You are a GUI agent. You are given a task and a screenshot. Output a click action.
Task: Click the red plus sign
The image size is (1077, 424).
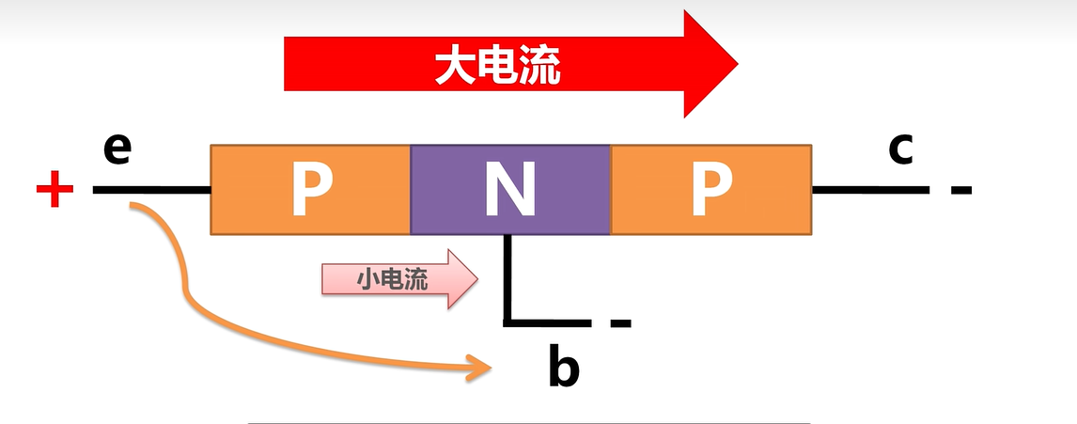[55, 192]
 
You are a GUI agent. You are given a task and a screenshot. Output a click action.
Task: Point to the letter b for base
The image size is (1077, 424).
[563, 368]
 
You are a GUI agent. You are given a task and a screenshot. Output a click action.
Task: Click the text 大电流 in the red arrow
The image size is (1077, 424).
[497, 66]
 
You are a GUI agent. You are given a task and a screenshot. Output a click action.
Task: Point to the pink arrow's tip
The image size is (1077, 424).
[475, 279]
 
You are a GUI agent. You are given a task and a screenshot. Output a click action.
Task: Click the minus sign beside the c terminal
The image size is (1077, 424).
[960, 191]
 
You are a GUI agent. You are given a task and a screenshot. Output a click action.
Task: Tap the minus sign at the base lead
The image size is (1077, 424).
[620, 324]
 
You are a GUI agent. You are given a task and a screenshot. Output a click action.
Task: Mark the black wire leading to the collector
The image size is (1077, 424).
[869, 190]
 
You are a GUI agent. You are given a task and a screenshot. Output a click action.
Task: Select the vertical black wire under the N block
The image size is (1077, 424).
[508, 277]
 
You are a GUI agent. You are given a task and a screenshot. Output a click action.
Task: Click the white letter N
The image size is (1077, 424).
[510, 191]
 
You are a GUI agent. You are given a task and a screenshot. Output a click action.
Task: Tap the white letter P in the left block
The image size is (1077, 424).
[310, 191]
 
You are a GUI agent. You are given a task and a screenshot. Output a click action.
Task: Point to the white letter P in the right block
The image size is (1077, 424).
[711, 191]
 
